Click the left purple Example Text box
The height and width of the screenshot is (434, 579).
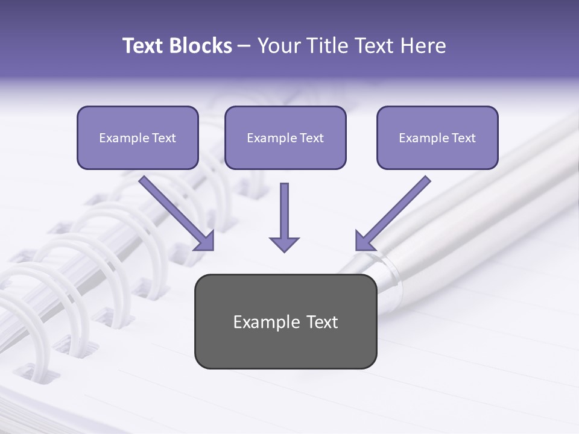[x=138, y=138]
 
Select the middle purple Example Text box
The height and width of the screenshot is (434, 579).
[x=285, y=138]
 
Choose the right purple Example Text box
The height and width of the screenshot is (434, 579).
[x=437, y=138]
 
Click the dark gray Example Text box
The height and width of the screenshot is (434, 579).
[x=285, y=322]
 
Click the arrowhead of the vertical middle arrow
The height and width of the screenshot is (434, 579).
[x=284, y=244]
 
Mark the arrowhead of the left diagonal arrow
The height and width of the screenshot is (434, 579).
[x=205, y=241]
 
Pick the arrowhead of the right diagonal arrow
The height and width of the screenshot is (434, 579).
[x=364, y=241]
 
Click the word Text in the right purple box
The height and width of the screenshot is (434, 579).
[x=463, y=138]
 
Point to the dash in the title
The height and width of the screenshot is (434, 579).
[x=244, y=46]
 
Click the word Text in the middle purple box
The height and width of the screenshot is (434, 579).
[x=311, y=138]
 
